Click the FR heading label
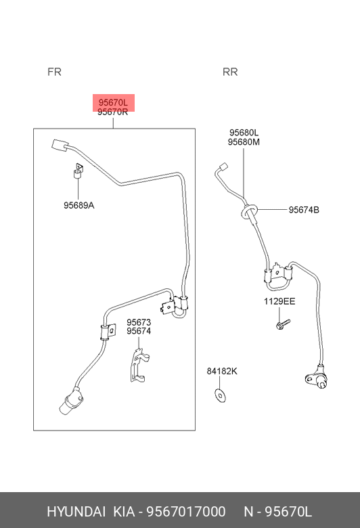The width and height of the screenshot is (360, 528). [x=54, y=72]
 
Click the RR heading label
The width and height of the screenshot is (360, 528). [x=230, y=72]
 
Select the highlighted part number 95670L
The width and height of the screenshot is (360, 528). [x=113, y=102]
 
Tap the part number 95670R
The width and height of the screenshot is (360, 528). [x=112, y=112]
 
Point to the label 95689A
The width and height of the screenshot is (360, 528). [x=78, y=205]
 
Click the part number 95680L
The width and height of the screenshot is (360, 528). [x=244, y=133]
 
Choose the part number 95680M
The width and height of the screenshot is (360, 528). [x=244, y=142]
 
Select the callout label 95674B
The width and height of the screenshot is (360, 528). [x=304, y=210]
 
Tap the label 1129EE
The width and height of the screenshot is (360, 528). [x=279, y=301]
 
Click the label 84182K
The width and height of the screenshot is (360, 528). [x=222, y=371]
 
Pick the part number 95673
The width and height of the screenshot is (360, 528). [x=139, y=322]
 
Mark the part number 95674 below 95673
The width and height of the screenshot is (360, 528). [x=139, y=331]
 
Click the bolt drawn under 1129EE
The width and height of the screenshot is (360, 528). [x=283, y=324]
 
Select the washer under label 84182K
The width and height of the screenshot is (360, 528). [x=220, y=395]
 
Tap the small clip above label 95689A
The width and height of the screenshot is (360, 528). [x=78, y=171]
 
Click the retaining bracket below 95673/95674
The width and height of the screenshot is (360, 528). [x=139, y=366]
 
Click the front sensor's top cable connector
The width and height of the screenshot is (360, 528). [x=60, y=146]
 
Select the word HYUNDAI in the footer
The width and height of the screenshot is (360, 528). [x=76, y=512]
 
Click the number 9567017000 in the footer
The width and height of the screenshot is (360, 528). [x=186, y=512]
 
